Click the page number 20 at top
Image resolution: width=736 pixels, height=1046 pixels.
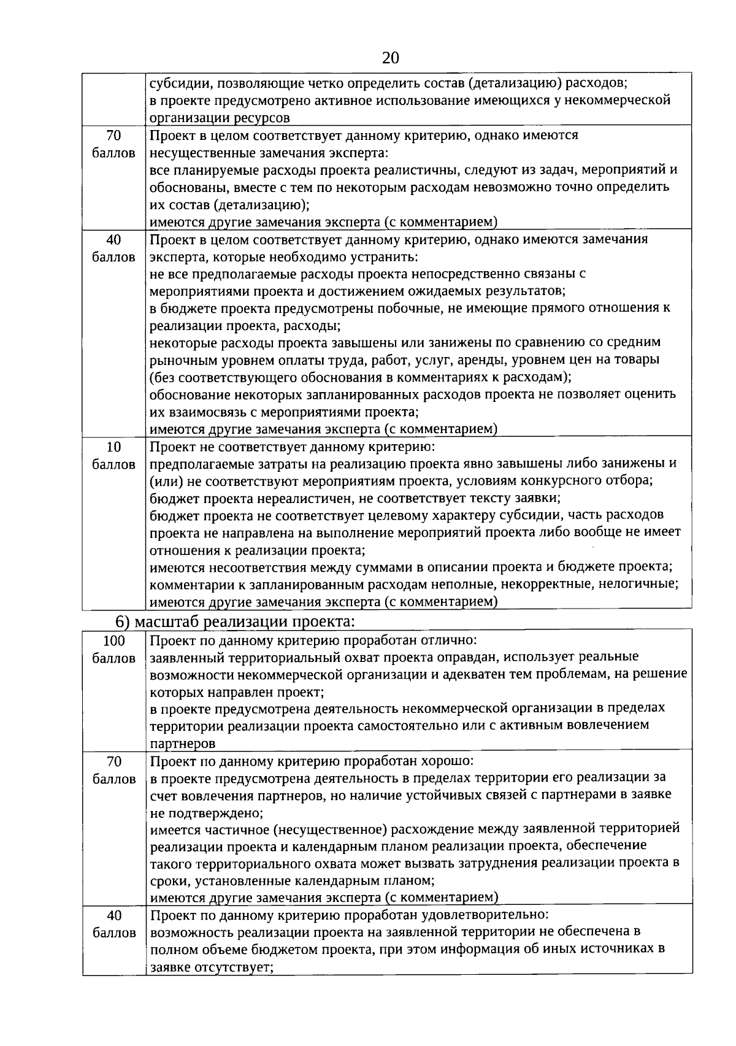tap(390, 58)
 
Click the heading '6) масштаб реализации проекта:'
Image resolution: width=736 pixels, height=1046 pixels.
tap(236, 621)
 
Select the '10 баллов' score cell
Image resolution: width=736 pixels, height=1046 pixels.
tap(113, 455)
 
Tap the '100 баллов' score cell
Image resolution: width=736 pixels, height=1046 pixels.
tap(113, 649)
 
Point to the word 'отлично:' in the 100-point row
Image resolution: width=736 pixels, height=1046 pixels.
tap(450, 640)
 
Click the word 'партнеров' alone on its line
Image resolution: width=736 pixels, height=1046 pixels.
tap(183, 743)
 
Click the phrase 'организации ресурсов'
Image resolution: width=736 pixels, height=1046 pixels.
tap(220, 117)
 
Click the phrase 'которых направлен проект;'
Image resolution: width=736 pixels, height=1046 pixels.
tap(237, 692)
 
